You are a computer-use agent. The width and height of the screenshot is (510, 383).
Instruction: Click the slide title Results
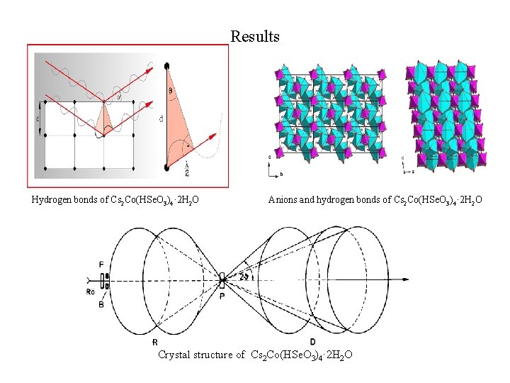(255, 36)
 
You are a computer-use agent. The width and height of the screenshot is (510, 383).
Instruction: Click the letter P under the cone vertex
(222, 296)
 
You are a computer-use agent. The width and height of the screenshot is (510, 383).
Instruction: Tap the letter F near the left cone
(101, 265)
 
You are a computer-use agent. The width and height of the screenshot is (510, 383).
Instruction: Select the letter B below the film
(101, 305)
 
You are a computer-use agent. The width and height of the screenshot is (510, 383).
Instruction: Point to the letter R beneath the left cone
(154, 343)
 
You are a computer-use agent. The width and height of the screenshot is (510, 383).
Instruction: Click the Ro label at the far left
(90, 292)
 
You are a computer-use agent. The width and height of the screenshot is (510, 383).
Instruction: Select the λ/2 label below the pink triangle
(186, 169)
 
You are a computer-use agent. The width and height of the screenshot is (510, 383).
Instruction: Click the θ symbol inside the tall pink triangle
(170, 90)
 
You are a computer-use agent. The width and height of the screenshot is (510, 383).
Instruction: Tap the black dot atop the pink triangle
(168, 67)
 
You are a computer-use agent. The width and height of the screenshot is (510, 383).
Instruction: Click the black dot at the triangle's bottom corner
(167, 167)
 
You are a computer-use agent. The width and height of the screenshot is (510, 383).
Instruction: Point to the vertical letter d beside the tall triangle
(161, 119)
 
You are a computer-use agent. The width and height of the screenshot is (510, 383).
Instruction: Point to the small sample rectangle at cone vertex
(222, 280)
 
